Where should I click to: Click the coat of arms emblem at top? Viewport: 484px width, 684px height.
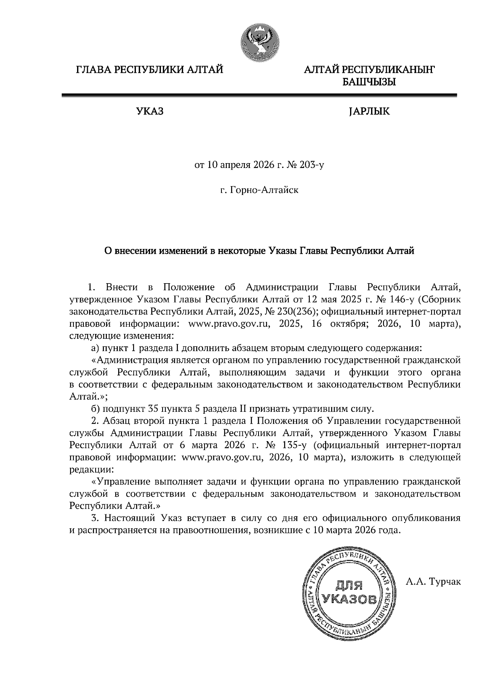tap(259, 42)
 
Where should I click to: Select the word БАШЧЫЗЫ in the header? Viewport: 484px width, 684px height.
tap(369, 83)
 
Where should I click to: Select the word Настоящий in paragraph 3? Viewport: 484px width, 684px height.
tap(131, 518)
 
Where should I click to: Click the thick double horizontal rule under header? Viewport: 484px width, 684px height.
tap(259, 95)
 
